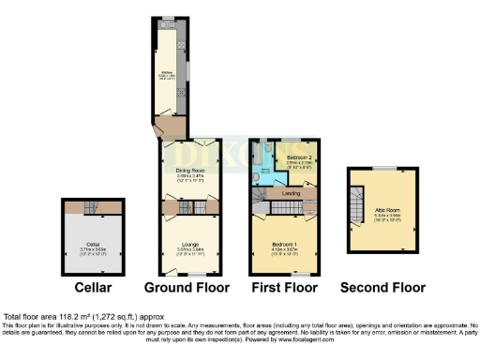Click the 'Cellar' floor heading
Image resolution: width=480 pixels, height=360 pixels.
pos(93,287)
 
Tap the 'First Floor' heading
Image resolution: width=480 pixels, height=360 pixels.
pos(283,287)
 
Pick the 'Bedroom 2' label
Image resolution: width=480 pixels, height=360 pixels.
pos(299,156)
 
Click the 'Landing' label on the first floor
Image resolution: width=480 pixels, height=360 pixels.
pos(291,194)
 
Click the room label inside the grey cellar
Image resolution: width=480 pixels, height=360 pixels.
pos(93,247)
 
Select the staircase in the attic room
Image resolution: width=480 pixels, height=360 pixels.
pos(355,202)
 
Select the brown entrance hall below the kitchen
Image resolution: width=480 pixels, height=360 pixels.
pos(172,127)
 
